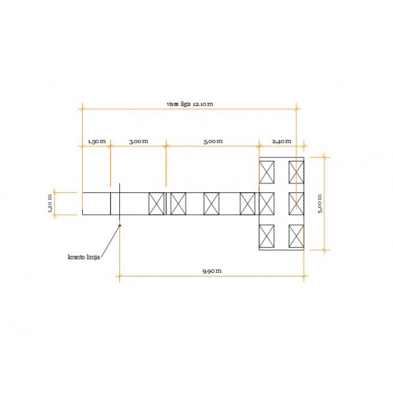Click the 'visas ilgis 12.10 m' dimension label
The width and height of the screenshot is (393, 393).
[x=190, y=104]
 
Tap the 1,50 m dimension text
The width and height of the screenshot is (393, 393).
[x=96, y=141]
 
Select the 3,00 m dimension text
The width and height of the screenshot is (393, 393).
[x=139, y=141]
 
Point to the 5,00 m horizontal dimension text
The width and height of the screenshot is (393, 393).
[x=213, y=141]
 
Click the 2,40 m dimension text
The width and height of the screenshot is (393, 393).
[x=282, y=141]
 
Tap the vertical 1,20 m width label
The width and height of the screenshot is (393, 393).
[x=50, y=204]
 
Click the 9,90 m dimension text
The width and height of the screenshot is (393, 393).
[x=212, y=271]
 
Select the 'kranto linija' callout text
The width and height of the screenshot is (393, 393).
[x=84, y=257]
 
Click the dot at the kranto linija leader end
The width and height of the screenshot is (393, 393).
[x=119, y=225]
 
